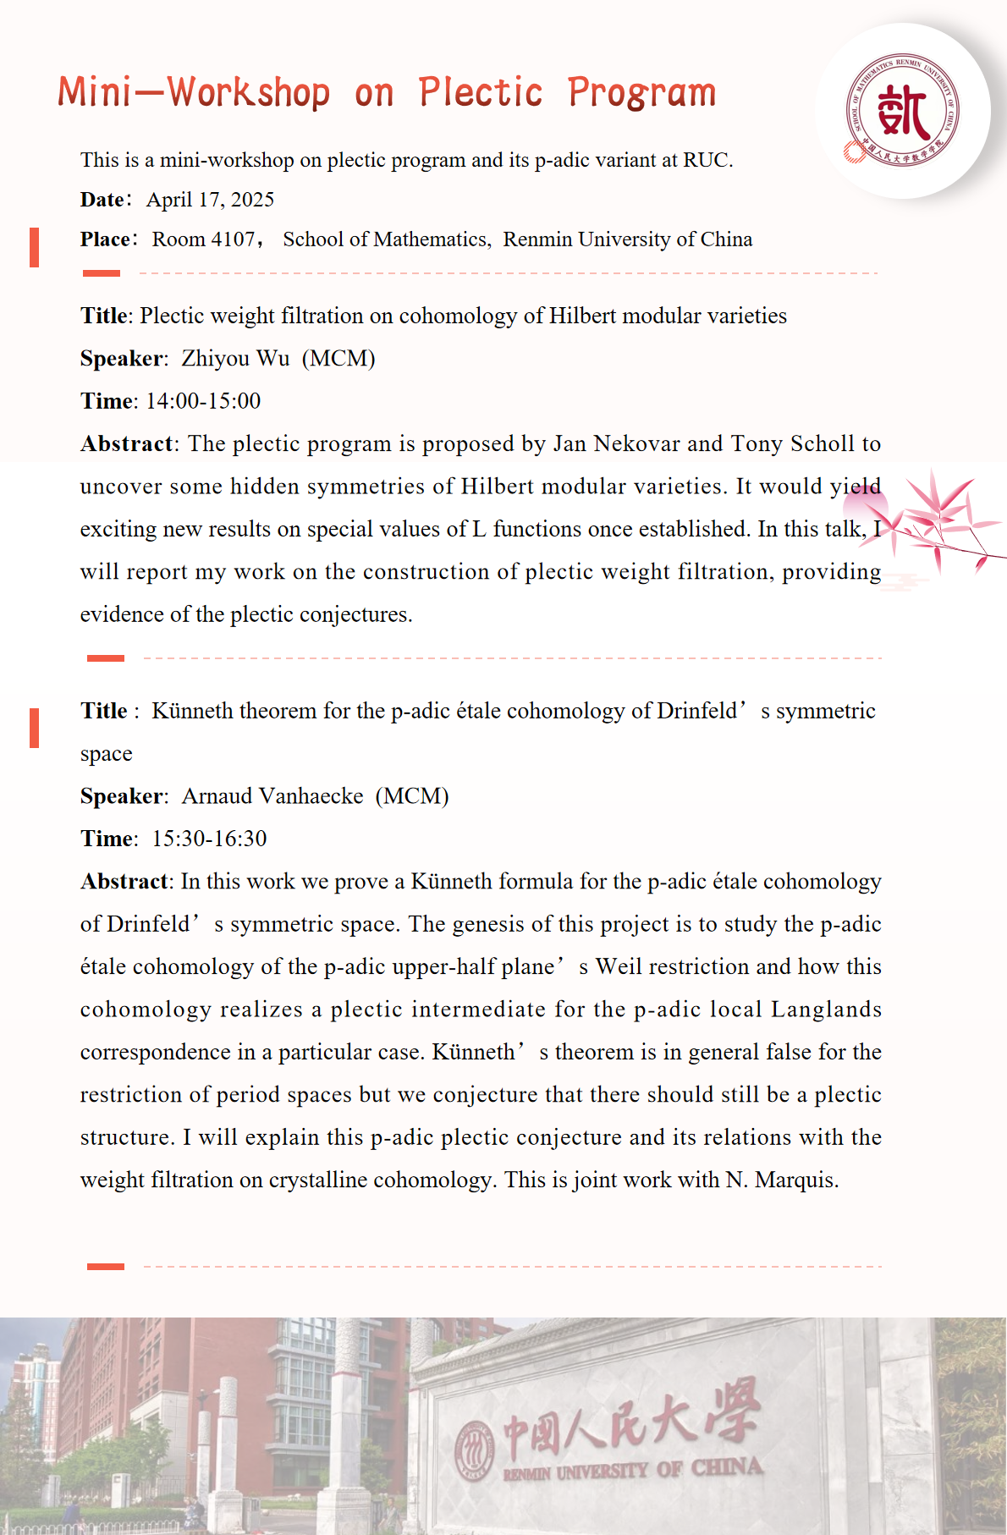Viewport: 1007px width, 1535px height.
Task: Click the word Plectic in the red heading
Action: pos(480,92)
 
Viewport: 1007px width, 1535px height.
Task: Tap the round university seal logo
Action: pos(903,111)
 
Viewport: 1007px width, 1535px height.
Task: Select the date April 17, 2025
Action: pos(210,200)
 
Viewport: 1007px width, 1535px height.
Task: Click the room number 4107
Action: pos(233,239)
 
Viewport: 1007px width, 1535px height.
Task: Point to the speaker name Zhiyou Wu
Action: pos(235,359)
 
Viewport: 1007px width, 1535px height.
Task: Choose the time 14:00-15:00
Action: pos(203,401)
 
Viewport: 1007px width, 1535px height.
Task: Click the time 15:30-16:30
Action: pos(209,839)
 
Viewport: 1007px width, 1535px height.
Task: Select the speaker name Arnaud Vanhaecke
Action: pos(272,796)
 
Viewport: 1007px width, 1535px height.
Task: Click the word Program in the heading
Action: pos(641,92)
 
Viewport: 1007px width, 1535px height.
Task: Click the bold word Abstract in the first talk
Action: pos(126,444)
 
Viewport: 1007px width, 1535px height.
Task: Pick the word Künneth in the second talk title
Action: pos(192,711)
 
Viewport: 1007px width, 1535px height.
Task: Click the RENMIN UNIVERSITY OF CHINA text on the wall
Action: pos(632,1470)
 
